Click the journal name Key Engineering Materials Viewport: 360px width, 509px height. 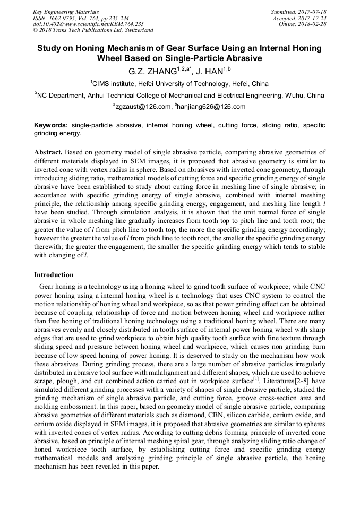pos(65,12)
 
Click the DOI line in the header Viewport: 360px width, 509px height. pos(88,24)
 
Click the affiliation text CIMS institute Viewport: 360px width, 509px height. pos(114,83)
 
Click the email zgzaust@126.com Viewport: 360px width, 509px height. pos(144,107)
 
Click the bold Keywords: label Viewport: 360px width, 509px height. pos(52,125)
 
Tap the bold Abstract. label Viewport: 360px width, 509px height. pos(48,152)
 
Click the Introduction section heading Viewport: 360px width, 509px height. pos(54,275)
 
